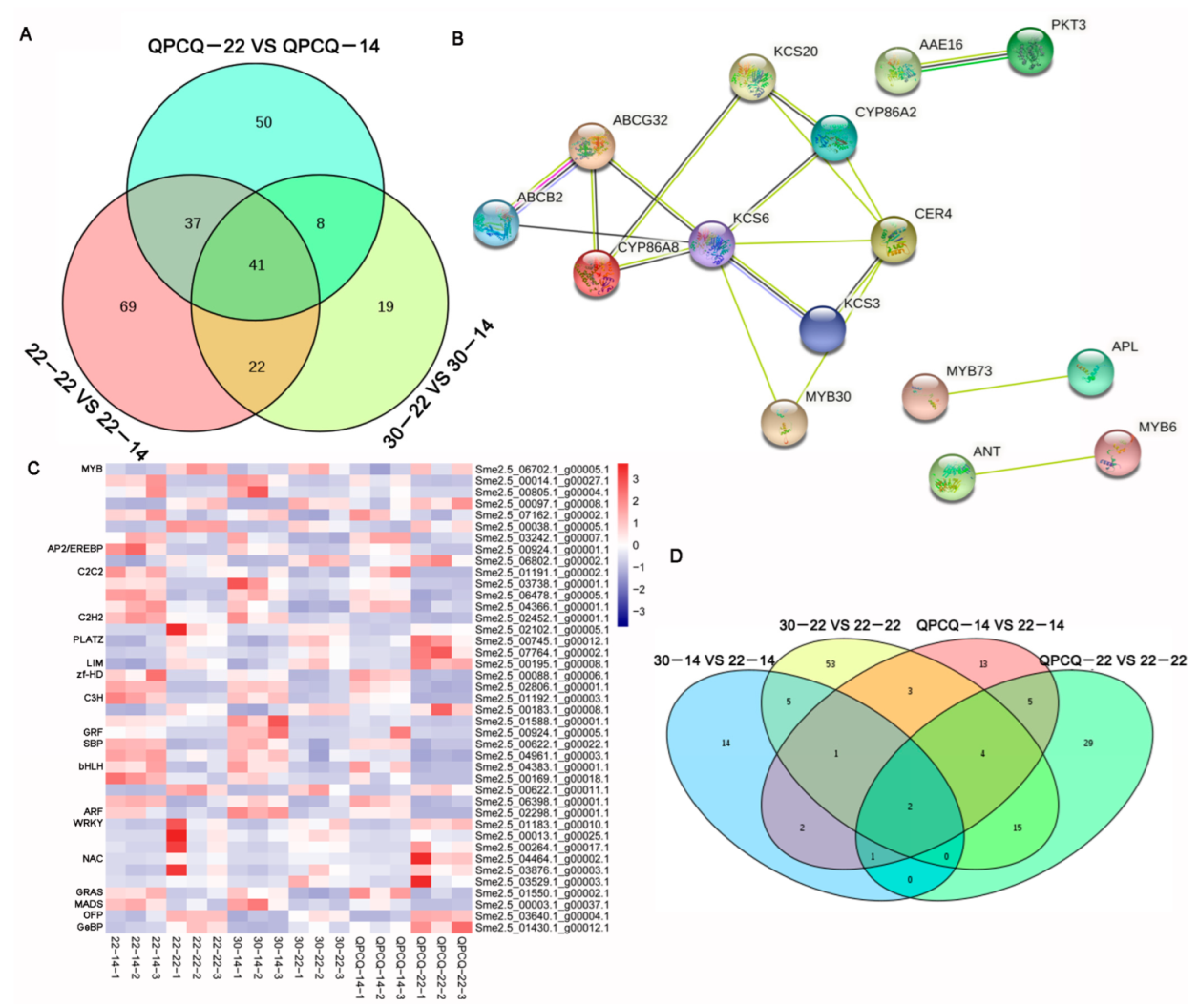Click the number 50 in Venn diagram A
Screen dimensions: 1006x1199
point(263,123)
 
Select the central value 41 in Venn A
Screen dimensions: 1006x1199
point(257,265)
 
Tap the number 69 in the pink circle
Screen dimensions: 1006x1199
point(128,307)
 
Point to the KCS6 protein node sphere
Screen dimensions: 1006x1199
point(712,243)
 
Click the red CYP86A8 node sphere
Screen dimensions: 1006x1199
point(597,274)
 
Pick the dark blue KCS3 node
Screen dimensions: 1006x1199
point(822,329)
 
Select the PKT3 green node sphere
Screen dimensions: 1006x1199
point(1030,52)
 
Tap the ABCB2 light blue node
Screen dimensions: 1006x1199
point(495,223)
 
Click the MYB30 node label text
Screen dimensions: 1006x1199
point(828,397)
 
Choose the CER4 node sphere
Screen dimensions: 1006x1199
point(894,239)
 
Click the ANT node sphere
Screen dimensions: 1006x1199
point(951,476)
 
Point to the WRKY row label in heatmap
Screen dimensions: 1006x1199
point(88,823)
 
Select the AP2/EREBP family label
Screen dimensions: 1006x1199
point(75,549)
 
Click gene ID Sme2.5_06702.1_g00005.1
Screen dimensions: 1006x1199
point(541,470)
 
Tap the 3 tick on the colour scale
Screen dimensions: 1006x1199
point(636,479)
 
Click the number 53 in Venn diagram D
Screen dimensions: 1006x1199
point(831,664)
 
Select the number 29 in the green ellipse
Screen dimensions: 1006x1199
point(1088,743)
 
